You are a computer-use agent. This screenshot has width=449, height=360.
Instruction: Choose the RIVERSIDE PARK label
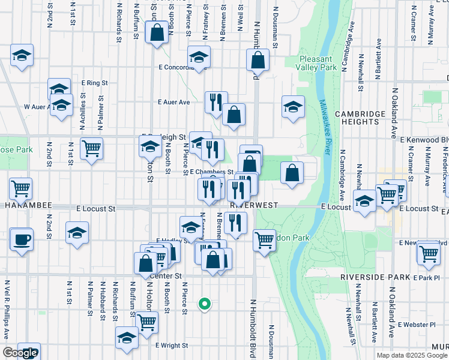pyautogui.click(x=375, y=277)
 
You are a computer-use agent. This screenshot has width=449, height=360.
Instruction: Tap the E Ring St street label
pyautogui.click(x=94, y=83)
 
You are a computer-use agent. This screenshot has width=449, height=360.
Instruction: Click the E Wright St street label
pyautogui.click(x=172, y=346)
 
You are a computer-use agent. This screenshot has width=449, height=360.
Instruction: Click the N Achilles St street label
pyautogui.click(x=82, y=114)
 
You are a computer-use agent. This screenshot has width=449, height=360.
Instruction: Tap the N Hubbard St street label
pyautogui.click(x=103, y=300)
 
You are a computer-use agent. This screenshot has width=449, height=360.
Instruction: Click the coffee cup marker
pyautogui.click(x=22, y=239)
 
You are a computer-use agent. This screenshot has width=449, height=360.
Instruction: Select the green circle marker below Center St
pyautogui.click(x=205, y=304)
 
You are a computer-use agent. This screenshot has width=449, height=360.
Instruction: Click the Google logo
pyautogui.click(x=19, y=353)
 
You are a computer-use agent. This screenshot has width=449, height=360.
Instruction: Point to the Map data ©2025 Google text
pyautogui.click(x=412, y=355)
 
